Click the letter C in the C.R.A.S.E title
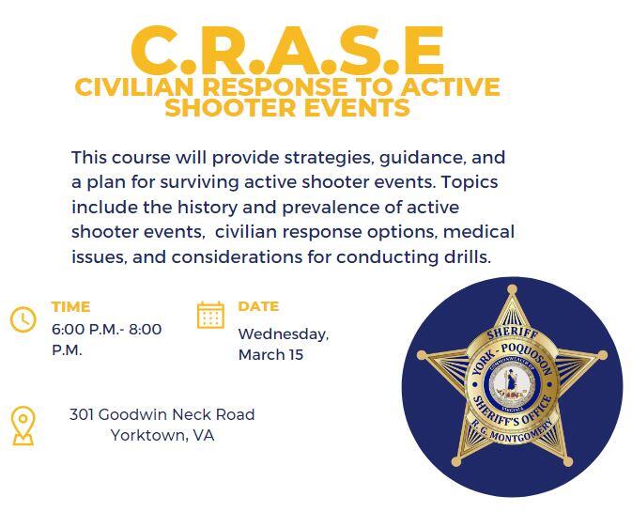[x=162, y=52]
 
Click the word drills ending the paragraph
[x=466, y=256]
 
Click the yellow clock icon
[x=23, y=319]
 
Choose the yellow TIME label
[x=70, y=306]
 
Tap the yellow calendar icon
[x=211, y=315]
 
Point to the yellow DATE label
[x=258, y=306]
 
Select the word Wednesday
[x=283, y=334]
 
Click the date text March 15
[x=270, y=355]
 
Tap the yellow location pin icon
[x=23, y=426]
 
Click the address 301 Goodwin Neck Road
[x=162, y=414]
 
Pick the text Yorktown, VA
[x=162, y=435]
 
